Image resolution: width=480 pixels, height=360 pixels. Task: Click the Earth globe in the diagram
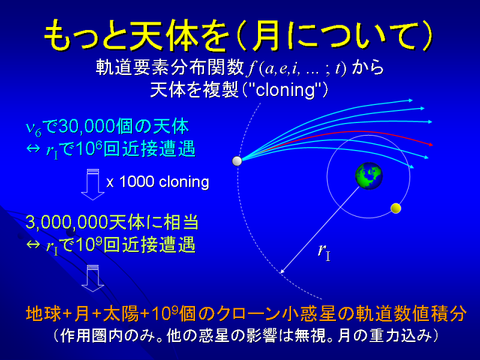coord(369,176)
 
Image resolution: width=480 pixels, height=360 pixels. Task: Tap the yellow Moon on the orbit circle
coord(396,208)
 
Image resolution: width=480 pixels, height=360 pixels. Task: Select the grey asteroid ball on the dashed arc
coord(237,161)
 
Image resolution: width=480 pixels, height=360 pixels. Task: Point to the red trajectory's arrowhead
coord(431,144)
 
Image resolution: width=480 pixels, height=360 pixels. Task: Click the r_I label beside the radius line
coord(324,253)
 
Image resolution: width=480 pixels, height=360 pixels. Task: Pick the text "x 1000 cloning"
coord(158,182)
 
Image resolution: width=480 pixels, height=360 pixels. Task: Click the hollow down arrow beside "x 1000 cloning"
coord(93,185)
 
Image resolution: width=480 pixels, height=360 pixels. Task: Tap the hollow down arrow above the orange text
coord(93,278)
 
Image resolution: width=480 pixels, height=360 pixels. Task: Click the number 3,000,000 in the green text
coord(67,222)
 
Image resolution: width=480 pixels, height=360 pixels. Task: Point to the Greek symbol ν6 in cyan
coord(34,128)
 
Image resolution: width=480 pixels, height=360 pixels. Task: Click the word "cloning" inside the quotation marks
coord(285,91)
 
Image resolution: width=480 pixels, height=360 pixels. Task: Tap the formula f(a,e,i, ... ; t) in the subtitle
coord(297,68)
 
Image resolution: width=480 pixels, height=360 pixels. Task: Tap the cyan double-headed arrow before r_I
coord(34,148)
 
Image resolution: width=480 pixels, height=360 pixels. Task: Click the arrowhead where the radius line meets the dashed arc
coord(283,271)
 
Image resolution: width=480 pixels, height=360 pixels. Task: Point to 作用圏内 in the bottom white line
coord(92,336)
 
